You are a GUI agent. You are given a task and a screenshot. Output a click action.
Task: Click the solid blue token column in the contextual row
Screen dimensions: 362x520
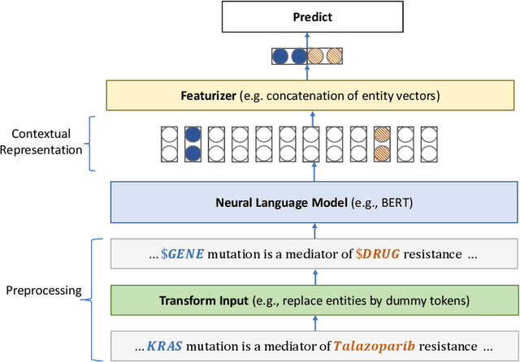[193, 144]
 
